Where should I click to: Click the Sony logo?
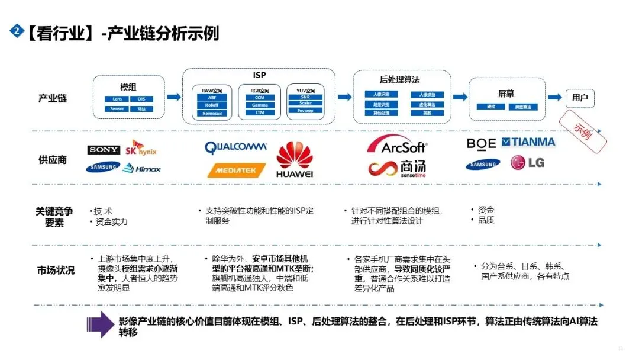(104, 150)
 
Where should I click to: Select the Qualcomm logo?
(235, 147)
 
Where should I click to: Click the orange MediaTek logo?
(236, 171)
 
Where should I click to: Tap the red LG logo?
(527, 162)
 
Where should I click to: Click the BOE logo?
(481, 143)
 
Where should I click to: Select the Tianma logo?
(528, 142)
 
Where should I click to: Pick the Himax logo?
(141, 169)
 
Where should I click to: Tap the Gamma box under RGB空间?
(260, 105)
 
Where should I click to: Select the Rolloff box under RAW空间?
(212, 105)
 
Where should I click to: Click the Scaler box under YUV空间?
(305, 103)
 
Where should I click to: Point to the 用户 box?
(580, 98)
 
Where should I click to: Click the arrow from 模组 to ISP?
(174, 97)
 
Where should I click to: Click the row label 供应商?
(53, 160)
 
